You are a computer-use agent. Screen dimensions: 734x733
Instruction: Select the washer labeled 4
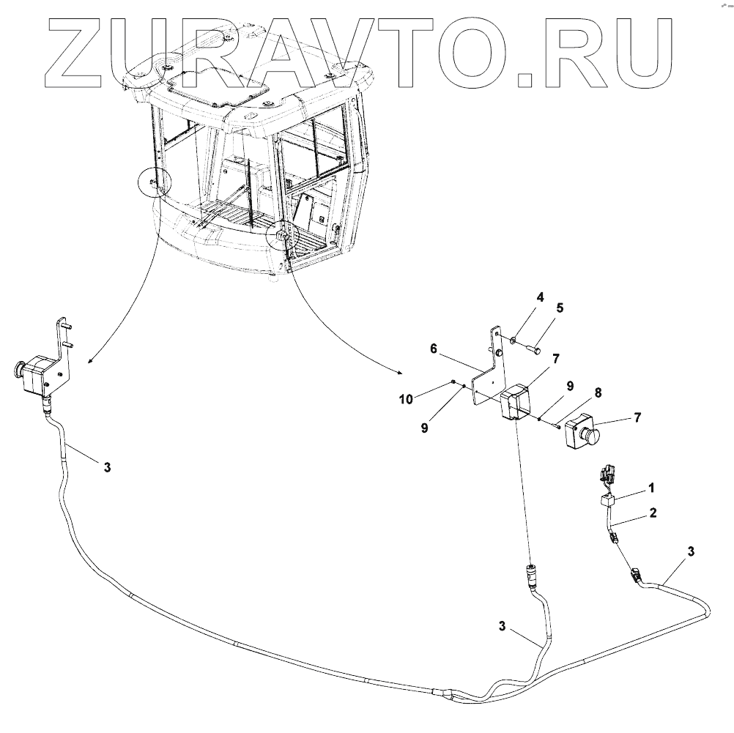pos(514,339)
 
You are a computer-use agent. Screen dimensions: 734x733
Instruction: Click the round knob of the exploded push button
pos(590,437)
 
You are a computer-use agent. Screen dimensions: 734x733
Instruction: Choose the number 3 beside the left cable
pos(107,467)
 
